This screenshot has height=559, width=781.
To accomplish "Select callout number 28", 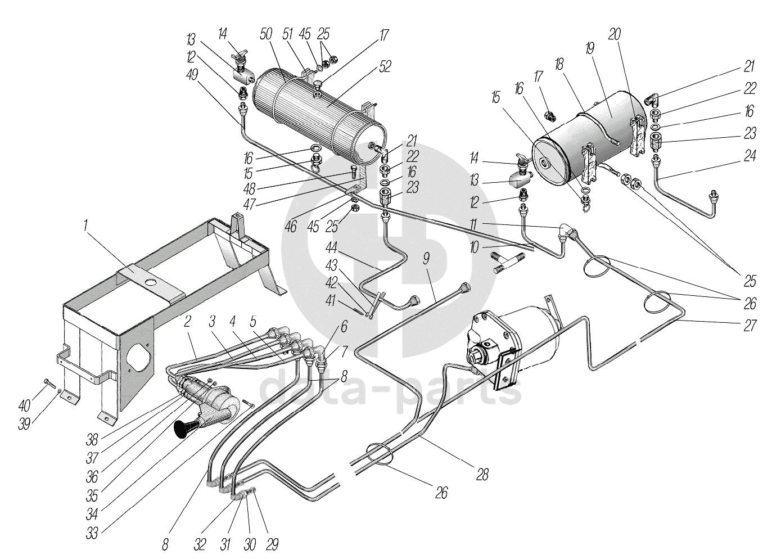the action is pos(482,474).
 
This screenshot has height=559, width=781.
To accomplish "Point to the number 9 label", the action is pos(426,259).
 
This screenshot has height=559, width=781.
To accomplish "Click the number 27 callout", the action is pos(750,326).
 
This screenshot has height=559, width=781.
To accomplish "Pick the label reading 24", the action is pos(750,156).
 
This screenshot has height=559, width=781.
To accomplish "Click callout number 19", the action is pos(590,48).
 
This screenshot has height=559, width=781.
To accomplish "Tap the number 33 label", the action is pos(92,533).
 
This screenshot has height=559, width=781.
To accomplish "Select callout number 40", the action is pos(24,405).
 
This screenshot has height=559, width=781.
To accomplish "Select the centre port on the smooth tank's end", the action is pos(544,163).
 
